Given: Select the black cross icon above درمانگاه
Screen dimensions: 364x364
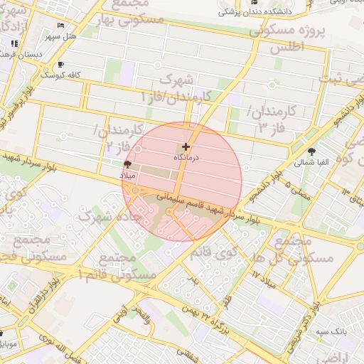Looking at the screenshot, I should pyautogui.click(x=186, y=146).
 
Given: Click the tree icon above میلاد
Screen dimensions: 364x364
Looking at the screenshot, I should pyautogui.click(x=128, y=164).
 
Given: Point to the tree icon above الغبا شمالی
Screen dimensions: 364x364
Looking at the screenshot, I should pyautogui.click(x=312, y=151).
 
